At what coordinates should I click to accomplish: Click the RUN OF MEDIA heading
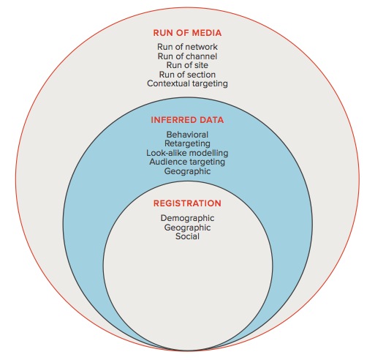187,33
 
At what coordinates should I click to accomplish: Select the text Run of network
187,47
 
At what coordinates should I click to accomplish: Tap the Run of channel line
187,56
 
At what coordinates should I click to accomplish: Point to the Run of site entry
187,65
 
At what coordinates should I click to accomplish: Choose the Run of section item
187,75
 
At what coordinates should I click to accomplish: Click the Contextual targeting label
187,83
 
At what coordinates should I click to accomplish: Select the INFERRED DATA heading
187,120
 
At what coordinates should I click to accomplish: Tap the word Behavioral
187,135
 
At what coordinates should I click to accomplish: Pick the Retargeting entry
187,143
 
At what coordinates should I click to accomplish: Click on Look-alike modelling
187,153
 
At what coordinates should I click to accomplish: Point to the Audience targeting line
187,162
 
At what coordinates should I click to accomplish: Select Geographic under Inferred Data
187,171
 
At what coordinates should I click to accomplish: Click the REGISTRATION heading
187,203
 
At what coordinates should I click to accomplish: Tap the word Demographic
187,218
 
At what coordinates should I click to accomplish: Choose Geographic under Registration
187,228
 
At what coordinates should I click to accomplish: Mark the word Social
187,236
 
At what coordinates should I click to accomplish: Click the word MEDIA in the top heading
206,33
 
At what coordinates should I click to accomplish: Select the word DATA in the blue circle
211,120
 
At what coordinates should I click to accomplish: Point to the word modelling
208,153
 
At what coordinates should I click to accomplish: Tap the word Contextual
168,83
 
